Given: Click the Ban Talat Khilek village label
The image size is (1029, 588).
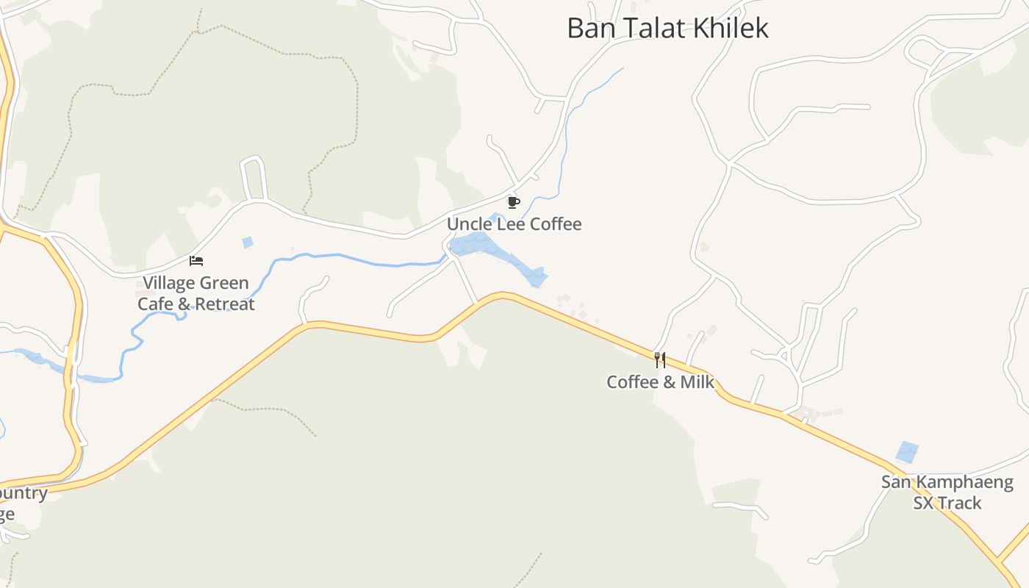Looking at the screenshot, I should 667,28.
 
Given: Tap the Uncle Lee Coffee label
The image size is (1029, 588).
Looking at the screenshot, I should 514,224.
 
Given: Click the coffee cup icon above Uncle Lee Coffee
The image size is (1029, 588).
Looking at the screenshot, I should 513,202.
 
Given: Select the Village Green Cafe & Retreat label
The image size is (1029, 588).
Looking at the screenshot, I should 196,293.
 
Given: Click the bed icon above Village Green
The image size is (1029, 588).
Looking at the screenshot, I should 196,261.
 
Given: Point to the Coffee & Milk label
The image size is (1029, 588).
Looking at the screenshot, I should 660,382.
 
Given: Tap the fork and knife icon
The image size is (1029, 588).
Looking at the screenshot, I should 660,359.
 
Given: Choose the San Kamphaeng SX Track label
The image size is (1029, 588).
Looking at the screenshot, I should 947,492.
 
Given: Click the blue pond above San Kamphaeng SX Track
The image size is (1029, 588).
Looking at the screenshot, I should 908,451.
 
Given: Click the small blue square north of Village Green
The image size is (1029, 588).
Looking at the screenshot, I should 248,242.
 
